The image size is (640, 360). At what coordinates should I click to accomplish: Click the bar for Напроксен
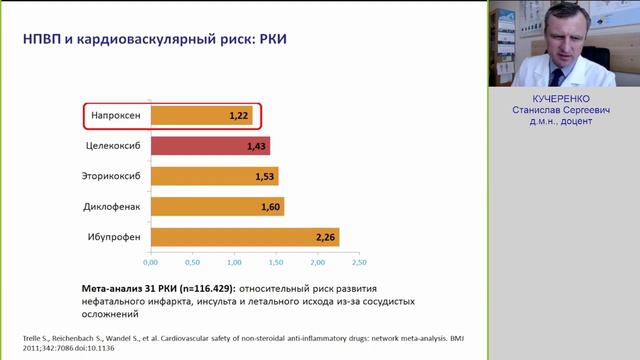[x=200, y=116]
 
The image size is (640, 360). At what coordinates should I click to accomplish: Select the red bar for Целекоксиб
[x=210, y=146]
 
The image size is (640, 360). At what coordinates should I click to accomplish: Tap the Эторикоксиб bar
[x=214, y=176]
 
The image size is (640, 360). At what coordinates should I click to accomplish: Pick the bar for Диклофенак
[x=217, y=207]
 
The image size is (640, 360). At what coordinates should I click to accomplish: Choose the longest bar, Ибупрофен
[x=245, y=237]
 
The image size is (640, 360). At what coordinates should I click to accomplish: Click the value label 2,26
[x=324, y=237]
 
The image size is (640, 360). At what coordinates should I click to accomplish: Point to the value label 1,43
[x=255, y=147]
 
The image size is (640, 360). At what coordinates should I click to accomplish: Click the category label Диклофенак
[x=112, y=207]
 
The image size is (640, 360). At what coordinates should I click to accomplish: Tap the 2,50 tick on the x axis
[x=359, y=263]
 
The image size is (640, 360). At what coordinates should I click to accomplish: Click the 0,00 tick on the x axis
[x=150, y=263]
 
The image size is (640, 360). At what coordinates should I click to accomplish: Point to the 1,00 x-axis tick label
[x=233, y=263]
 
